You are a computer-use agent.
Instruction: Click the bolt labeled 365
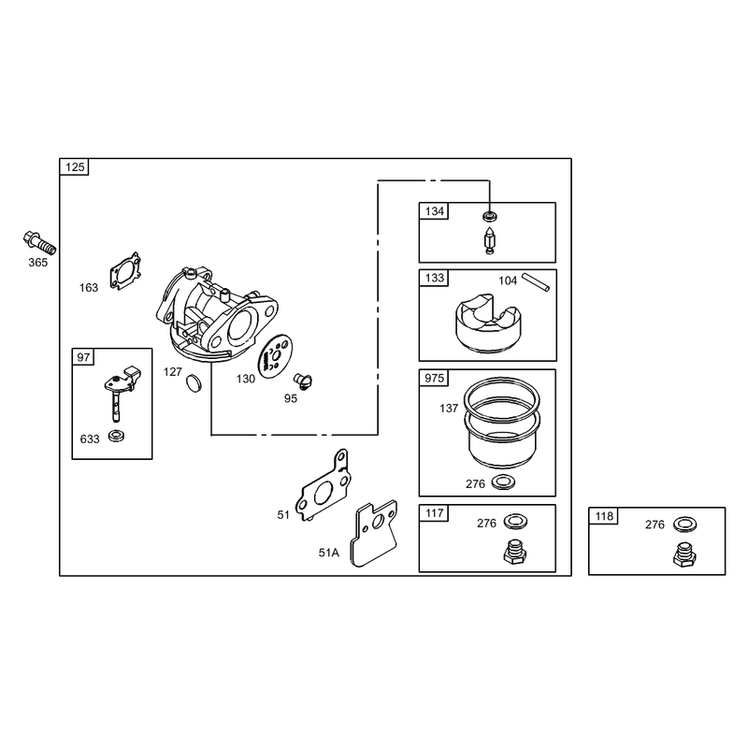pos(39,243)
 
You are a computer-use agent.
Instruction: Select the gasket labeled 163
pos(125,271)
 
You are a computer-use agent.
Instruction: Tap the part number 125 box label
pos(75,167)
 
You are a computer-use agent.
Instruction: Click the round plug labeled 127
pos(194,382)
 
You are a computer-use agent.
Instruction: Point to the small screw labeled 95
pos(302,381)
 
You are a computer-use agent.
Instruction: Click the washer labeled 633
pos(116,436)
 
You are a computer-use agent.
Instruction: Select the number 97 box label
pos(83,357)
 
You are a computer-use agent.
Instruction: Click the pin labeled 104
pos(536,281)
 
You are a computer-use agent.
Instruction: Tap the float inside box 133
pos(487,324)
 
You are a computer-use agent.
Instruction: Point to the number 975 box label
pos(434,379)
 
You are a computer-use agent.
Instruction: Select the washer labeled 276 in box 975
pos(503,482)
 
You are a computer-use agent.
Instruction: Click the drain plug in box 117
pos(515,553)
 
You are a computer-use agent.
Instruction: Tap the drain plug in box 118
pos(684,554)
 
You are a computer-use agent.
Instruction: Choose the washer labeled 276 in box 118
pos(684,525)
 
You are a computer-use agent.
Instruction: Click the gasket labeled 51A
pos(374,533)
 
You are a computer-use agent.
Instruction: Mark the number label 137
pos(449,409)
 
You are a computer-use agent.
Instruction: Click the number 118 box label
pos(604,516)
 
